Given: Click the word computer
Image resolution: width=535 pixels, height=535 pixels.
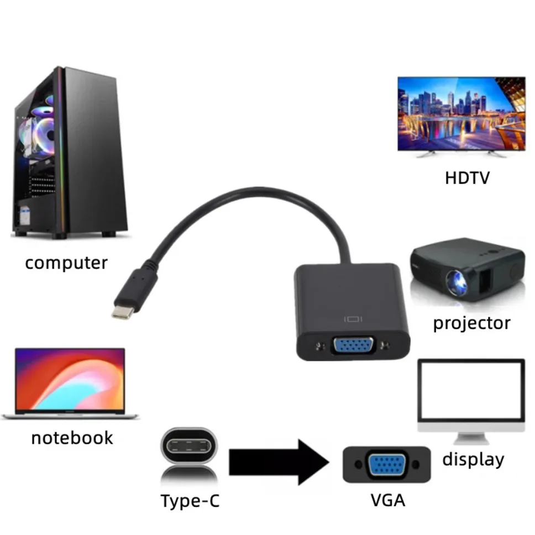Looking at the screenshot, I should [66, 263].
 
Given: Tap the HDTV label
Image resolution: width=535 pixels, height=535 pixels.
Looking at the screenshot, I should [467, 178].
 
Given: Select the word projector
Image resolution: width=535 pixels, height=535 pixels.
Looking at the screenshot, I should [471, 323].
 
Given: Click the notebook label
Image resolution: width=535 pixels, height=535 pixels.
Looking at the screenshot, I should [72, 438].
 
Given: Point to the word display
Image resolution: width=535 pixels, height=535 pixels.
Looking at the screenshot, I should [473, 459].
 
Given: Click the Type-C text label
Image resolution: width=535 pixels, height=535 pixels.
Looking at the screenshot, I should [190, 501].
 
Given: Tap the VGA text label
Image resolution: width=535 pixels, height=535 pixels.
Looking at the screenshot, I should [388, 500].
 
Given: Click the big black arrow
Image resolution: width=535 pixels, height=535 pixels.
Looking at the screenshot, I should [279, 462].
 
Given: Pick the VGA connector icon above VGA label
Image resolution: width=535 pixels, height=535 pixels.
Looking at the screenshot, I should [386, 464].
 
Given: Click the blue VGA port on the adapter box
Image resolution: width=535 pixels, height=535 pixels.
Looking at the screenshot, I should [354, 347].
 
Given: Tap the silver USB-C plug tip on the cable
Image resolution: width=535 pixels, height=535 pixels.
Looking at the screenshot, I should [122, 311].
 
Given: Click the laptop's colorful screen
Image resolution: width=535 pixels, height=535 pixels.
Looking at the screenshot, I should [70, 380].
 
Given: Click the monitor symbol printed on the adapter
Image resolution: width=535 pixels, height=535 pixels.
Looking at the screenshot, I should [353, 319].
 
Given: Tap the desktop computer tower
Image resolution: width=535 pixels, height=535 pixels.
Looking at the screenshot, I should [69, 152].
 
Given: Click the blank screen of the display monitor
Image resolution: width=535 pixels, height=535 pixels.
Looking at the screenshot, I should [471, 391].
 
